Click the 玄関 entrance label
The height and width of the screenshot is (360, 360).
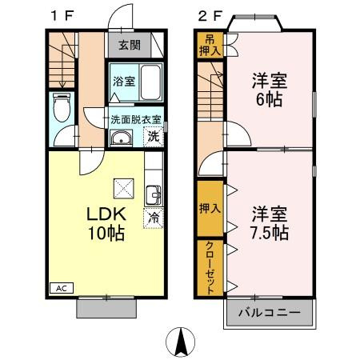click(x=129, y=45)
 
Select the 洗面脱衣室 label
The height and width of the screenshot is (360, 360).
click(x=136, y=119)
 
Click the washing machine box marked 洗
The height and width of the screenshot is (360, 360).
click(x=154, y=136)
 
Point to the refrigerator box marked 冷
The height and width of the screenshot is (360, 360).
click(x=153, y=217)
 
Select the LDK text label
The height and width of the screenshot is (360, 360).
click(x=104, y=214)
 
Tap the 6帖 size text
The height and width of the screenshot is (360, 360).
click(x=270, y=101)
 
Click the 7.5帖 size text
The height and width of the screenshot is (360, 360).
click(x=270, y=233)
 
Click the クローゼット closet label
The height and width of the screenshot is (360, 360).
click(x=209, y=267)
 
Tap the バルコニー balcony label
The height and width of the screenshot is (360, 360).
click(x=269, y=311)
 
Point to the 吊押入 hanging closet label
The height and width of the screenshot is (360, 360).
click(x=209, y=46)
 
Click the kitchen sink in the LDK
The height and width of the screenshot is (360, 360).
click(x=154, y=193)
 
